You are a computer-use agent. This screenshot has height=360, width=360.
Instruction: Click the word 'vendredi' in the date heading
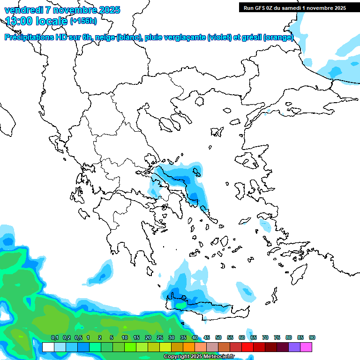click(x=23, y=10)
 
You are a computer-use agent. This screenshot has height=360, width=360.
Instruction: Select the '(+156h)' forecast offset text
click(x=83, y=21)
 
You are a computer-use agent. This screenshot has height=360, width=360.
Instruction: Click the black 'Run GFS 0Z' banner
click(x=294, y=7)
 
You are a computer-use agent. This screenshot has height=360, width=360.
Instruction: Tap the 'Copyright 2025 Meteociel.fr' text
click(x=205, y=357)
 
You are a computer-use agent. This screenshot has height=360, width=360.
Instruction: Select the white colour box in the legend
click(x=48, y=347)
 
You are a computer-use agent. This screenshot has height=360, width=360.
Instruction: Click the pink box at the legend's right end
click(x=306, y=347)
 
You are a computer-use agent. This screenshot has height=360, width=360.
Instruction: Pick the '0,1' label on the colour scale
click(x=54, y=338)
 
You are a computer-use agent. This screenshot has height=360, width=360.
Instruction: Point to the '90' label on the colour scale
click(x=312, y=338)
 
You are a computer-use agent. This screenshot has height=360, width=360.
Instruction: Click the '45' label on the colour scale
click(x=207, y=338)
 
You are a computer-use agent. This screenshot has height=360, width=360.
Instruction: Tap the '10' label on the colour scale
click(x=125, y=338)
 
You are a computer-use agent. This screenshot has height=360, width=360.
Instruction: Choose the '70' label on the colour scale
click(x=265, y=338)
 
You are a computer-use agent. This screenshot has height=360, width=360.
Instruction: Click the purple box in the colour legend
click(x=294, y=347)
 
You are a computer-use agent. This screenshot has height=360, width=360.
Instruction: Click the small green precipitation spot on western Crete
click(x=181, y=305)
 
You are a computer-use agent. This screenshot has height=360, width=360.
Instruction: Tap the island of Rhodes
click(x=298, y=274)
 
